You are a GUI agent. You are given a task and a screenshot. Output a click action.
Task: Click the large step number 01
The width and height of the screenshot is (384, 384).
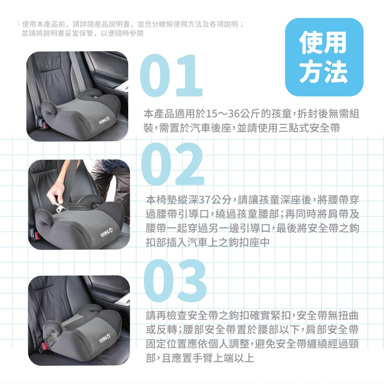[x=171, y=76]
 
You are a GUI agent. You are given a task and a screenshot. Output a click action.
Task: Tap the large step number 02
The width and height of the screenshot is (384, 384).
[x=173, y=164]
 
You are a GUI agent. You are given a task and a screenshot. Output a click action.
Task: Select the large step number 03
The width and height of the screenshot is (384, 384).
[x=175, y=281]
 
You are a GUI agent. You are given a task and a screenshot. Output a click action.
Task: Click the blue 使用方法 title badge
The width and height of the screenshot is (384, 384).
[x=324, y=57]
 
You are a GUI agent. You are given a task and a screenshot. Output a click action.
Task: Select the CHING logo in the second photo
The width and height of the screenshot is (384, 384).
[x=106, y=233]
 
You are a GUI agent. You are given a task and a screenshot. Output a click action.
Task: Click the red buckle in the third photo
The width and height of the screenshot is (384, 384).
[x=44, y=346]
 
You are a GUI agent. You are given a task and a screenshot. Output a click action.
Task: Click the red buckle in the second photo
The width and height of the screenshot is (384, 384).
[x=37, y=236]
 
